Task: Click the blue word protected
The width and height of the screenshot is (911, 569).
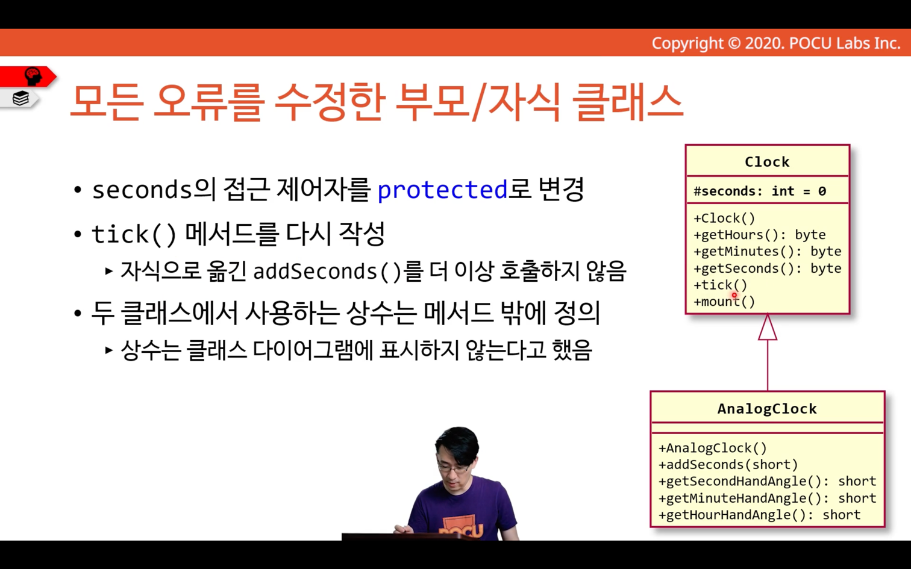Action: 442,190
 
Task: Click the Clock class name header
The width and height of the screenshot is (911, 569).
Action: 767,162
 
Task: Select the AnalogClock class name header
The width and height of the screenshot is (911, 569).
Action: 767,408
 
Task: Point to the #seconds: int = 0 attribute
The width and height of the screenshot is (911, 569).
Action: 760,191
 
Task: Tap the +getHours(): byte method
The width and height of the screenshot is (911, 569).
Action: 759,235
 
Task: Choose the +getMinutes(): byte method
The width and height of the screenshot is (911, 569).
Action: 767,252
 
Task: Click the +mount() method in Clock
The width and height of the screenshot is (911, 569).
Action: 724,302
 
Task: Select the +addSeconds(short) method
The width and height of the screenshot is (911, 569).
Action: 728,465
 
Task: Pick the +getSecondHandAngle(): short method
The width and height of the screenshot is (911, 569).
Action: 767,481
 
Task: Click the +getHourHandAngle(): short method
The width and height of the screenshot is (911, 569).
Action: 759,515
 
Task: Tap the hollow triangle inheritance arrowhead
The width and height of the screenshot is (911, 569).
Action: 768,328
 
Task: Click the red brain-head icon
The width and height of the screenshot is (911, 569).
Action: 33,76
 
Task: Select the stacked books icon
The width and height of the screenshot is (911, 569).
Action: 20,98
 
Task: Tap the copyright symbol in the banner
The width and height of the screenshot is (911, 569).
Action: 734,43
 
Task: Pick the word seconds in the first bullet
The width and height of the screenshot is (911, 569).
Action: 142,190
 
